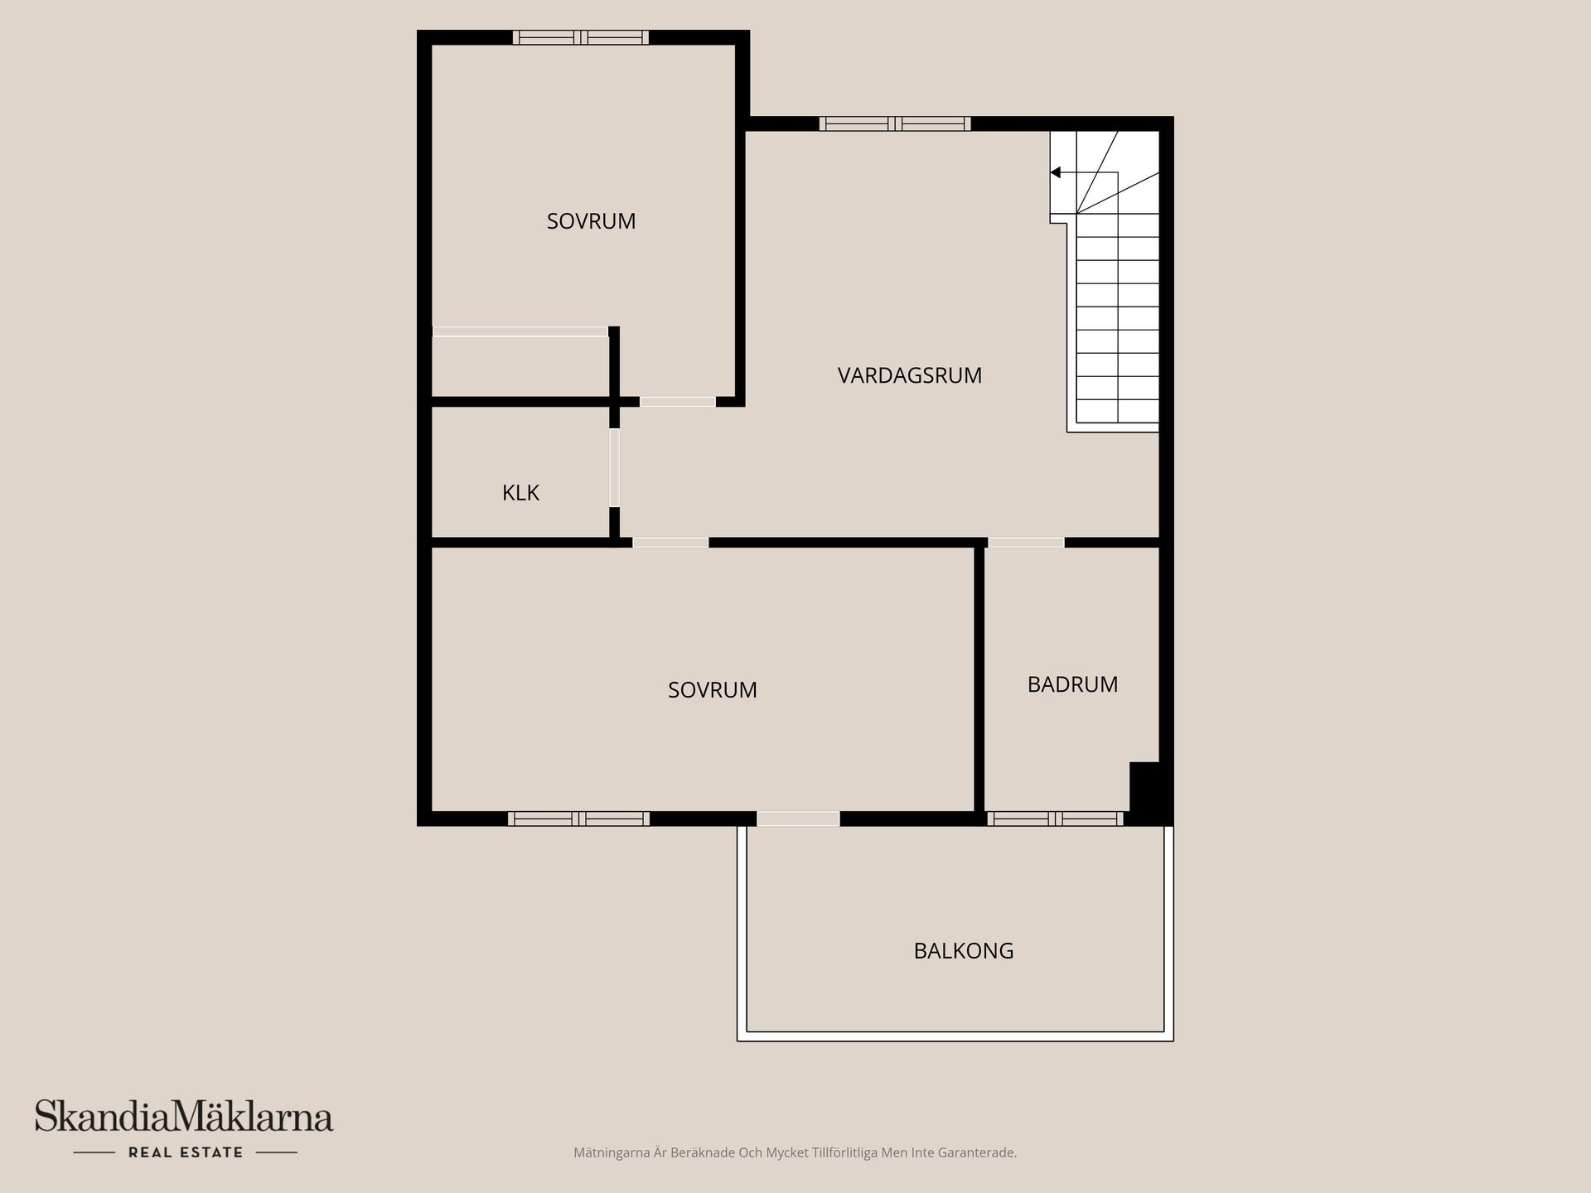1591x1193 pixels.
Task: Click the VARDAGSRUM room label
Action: (x=909, y=375)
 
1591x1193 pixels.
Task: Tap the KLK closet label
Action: (x=520, y=493)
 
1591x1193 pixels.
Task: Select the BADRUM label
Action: (x=1072, y=684)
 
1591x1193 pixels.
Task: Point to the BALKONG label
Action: (x=963, y=950)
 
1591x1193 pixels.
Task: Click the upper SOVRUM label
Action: (x=591, y=221)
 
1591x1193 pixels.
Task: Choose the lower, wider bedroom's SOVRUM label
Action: (x=712, y=690)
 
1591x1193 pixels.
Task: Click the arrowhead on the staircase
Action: (x=1056, y=172)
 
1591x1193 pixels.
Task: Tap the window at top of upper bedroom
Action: (x=580, y=37)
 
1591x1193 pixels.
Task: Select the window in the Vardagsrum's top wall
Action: (x=894, y=124)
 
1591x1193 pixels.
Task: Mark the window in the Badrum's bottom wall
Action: (x=1054, y=819)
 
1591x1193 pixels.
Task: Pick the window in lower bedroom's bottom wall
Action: (x=578, y=819)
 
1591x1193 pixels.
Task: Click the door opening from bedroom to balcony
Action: (x=798, y=819)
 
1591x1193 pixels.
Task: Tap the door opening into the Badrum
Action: (x=1026, y=543)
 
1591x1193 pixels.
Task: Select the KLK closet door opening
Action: (x=614, y=467)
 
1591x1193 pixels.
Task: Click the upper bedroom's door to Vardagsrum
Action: (x=677, y=402)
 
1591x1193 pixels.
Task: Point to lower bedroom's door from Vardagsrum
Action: (x=670, y=543)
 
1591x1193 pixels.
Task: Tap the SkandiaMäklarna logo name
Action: (x=183, y=1118)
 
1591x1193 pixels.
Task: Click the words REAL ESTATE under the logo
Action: (x=186, y=1152)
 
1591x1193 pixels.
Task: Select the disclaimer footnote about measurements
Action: (x=795, y=1152)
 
